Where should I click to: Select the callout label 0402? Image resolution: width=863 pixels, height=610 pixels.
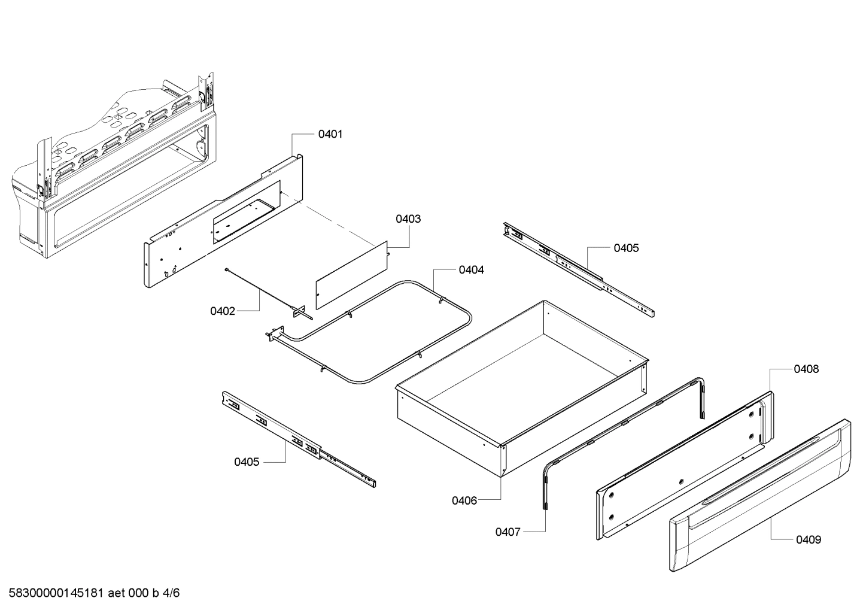[x=222, y=311]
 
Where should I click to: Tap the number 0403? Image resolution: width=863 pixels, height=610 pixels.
[x=408, y=219]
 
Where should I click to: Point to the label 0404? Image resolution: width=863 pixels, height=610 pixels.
[x=471, y=270]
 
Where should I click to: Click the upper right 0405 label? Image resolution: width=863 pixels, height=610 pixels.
[x=626, y=248]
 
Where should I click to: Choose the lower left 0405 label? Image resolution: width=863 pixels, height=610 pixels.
[x=247, y=462]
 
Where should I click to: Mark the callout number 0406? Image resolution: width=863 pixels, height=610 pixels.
[x=464, y=500]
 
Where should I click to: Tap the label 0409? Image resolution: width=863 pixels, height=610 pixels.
[x=808, y=540]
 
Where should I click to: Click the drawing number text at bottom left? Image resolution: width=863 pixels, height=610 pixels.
[x=90, y=593]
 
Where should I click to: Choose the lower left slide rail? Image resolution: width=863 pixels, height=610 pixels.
[x=299, y=439]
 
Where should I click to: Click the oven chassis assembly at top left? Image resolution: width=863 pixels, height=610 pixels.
[x=114, y=168]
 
